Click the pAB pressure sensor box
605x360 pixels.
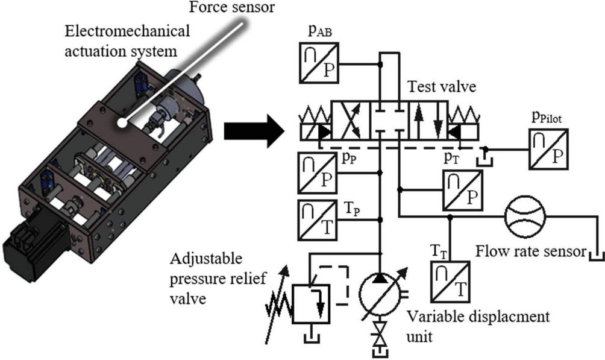point(319,62)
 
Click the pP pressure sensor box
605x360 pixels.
point(319,172)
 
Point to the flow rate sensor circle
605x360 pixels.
point(524,217)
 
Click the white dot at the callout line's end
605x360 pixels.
point(122,123)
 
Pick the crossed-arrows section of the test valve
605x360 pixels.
point(349,120)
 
